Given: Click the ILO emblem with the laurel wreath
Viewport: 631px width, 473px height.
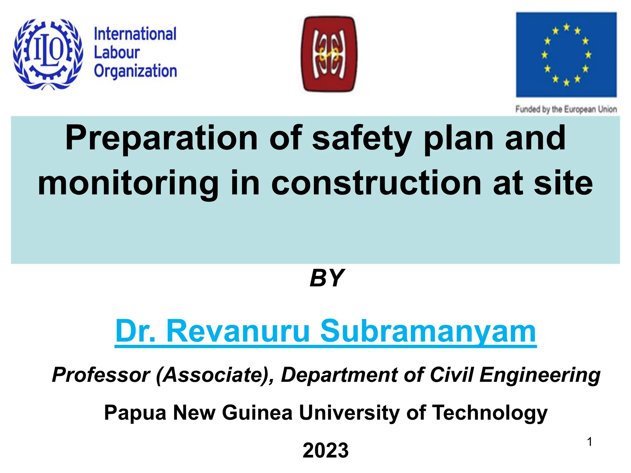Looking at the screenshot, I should point(48,54).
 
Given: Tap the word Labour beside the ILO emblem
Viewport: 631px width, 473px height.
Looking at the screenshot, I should point(116,52).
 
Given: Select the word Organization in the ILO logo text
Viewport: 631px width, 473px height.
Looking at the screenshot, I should point(135,71).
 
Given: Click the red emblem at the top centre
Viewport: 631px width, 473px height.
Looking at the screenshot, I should point(329,55).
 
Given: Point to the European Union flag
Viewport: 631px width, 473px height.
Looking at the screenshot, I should point(566,55).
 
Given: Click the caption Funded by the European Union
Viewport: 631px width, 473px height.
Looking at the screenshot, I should point(566,109).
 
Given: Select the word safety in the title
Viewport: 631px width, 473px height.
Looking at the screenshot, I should point(362,138).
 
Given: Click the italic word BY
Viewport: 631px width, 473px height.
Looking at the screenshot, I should point(327,278).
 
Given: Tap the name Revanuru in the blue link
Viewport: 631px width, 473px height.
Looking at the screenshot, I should point(238,331).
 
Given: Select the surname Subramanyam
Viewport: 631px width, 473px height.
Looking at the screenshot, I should point(428,331).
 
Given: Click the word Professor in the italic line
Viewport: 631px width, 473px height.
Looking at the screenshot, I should point(101,375).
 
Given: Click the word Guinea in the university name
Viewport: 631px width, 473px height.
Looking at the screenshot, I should point(257,412).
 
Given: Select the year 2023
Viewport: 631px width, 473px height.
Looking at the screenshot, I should point(326,450).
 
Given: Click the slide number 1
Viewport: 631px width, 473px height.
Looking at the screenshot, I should point(589,442).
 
